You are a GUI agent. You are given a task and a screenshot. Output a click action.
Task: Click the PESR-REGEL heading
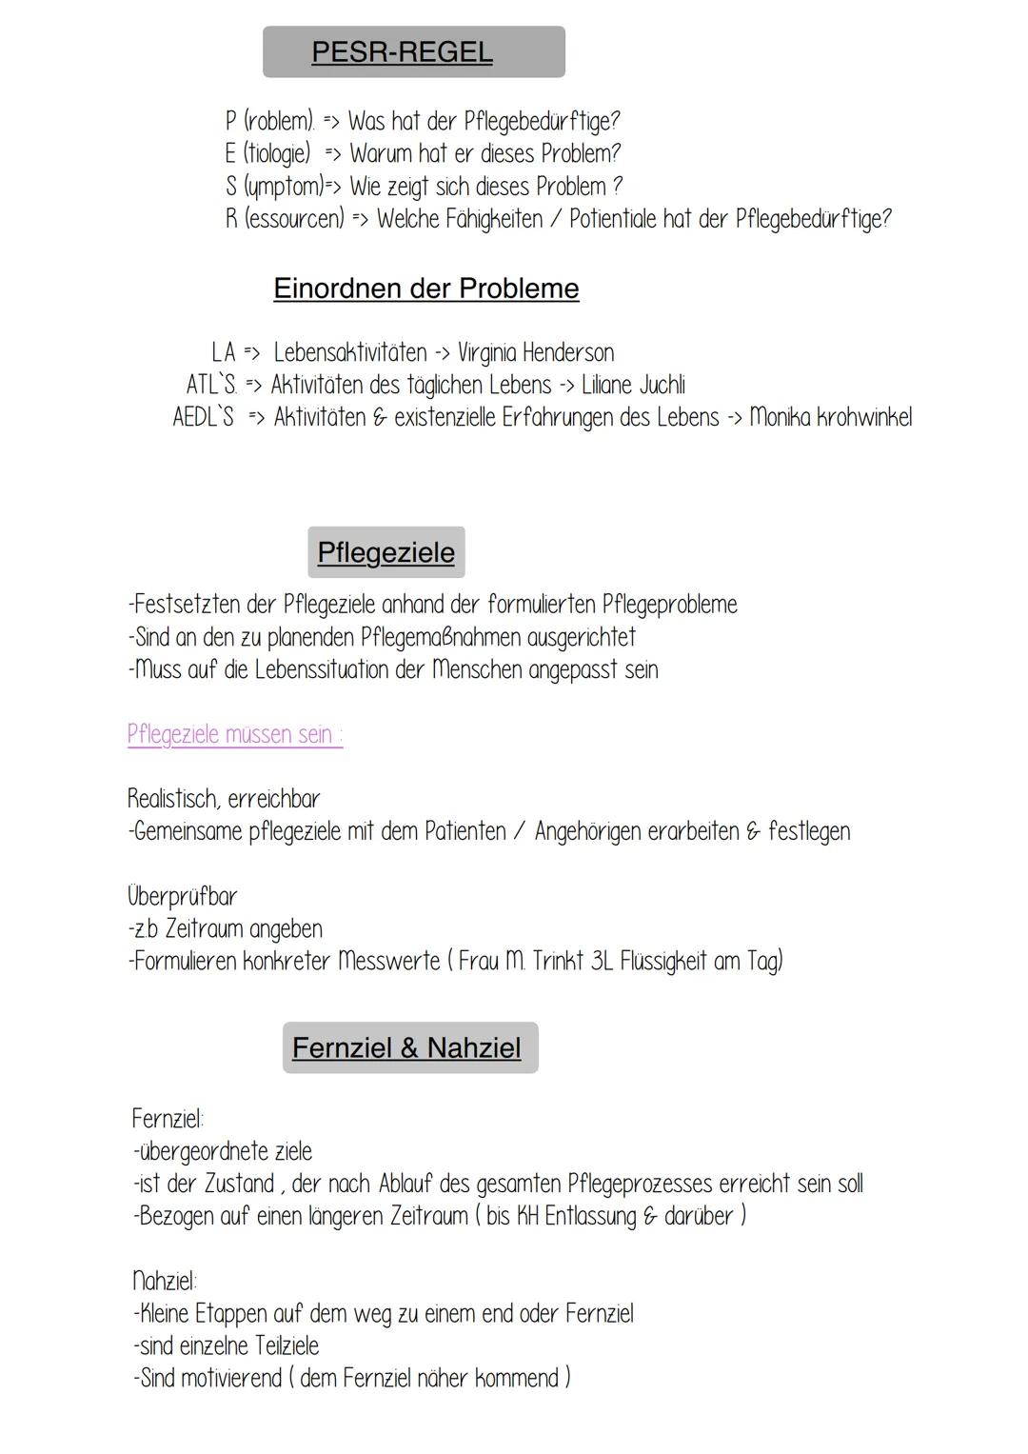[x=402, y=51]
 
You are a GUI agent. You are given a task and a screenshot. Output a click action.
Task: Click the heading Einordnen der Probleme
[x=425, y=288]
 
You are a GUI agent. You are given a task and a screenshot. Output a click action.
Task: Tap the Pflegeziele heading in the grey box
[x=385, y=552]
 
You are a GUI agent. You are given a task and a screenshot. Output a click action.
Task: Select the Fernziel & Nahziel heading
[x=406, y=1047]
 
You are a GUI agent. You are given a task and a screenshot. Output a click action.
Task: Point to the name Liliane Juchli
[x=633, y=386]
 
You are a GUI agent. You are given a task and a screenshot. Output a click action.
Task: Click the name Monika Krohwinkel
[x=830, y=418]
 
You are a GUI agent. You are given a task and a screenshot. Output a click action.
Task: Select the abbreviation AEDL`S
[x=203, y=418]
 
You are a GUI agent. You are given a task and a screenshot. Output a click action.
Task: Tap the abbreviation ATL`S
[x=211, y=386]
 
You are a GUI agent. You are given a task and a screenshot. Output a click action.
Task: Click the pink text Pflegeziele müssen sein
[x=234, y=734]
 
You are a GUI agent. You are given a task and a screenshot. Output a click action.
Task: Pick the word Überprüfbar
[x=182, y=896]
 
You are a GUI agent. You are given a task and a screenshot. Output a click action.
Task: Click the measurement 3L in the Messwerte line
[x=602, y=961]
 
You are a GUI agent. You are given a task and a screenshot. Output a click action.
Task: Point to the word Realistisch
[x=173, y=799]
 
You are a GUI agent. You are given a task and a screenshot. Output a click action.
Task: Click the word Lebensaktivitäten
[x=350, y=353]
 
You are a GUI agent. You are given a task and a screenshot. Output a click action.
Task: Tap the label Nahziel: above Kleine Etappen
[x=165, y=1281]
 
